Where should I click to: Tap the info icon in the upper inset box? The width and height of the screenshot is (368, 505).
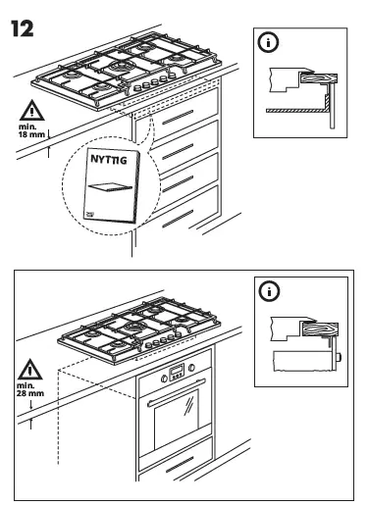tap(266, 43)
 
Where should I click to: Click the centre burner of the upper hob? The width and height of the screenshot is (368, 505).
tap(123, 68)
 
